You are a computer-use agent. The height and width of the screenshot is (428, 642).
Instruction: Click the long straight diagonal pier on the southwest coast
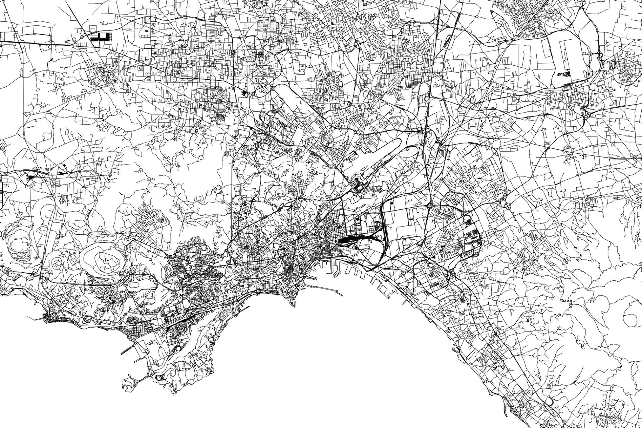pyautogui.click(x=131, y=348)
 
